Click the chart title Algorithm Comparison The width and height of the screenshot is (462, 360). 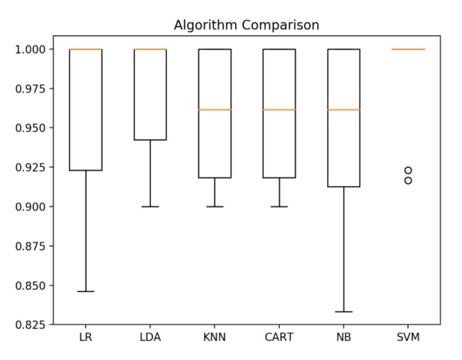(x=246, y=26)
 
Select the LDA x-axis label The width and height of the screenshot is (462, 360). (x=150, y=337)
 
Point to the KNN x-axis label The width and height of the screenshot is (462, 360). (x=215, y=337)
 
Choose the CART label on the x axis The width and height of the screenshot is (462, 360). (x=279, y=337)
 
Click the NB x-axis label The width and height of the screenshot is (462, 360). (x=344, y=337)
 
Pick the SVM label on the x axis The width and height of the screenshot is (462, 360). (x=408, y=337)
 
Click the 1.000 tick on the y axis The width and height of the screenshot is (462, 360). (x=33, y=49)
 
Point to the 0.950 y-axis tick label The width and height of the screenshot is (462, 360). (x=33, y=128)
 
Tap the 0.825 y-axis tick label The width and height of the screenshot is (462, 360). (x=33, y=325)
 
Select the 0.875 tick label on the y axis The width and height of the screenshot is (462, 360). (x=33, y=246)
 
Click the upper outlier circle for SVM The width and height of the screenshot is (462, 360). (x=408, y=170)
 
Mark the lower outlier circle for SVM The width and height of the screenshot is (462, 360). (x=408, y=180)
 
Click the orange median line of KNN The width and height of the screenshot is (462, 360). (x=215, y=110)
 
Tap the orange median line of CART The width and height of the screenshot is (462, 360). (x=279, y=110)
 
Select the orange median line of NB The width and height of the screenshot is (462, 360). (x=344, y=110)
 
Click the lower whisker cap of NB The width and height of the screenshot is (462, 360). (x=344, y=312)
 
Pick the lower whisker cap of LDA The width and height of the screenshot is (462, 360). (x=150, y=207)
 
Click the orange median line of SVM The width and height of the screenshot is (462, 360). (x=408, y=49)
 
